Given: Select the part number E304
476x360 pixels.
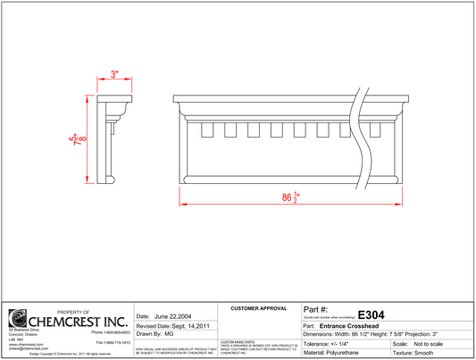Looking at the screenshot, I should [x=371, y=314].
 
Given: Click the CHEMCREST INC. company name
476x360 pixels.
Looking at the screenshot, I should [x=79, y=321].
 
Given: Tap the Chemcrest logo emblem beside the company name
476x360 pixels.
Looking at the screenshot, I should [x=18, y=319].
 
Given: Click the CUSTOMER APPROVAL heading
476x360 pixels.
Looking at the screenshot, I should [x=259, y=308].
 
